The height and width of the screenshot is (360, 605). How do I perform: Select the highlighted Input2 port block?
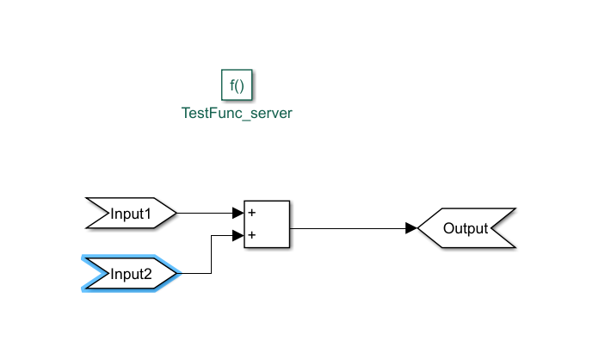131,274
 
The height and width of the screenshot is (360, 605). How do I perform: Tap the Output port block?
466,228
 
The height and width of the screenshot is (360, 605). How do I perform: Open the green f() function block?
237,85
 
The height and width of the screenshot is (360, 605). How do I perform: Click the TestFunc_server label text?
237,113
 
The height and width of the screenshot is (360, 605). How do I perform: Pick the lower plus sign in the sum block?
251,234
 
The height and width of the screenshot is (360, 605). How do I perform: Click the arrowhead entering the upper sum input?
238,213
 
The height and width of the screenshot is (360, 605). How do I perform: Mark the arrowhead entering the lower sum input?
238,234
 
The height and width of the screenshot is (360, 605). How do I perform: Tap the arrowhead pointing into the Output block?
411,228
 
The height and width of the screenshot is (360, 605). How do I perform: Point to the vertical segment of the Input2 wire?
211,254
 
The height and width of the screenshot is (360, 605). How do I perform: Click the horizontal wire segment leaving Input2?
195,274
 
